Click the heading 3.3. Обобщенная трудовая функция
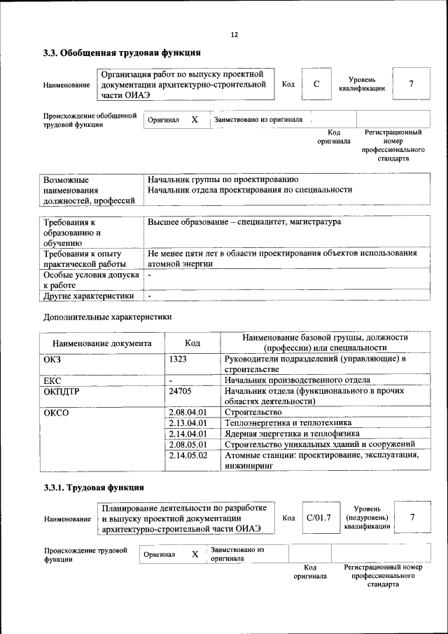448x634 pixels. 122,53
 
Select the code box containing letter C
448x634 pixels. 316,84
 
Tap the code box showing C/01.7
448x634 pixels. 318,518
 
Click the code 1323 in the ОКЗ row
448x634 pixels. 178,359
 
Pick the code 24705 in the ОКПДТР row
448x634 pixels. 181,391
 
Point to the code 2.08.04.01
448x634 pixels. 188,413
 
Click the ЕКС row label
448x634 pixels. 52,380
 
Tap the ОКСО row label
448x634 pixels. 56,413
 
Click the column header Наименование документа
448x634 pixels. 101,343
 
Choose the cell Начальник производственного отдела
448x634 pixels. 297,380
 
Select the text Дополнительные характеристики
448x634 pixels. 107,317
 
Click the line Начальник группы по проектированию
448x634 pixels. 223,179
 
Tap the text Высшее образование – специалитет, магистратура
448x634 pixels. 244,222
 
